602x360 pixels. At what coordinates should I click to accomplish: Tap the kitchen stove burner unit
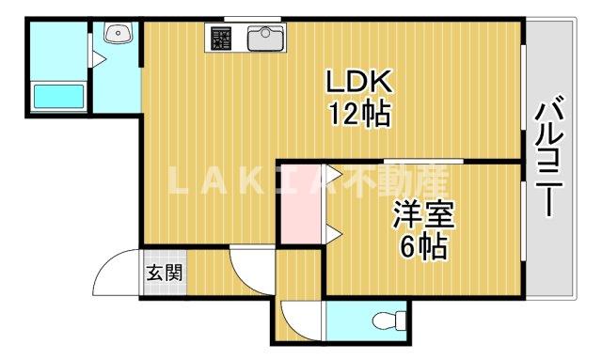point(221,39)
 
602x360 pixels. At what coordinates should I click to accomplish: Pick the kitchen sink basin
point(264,39)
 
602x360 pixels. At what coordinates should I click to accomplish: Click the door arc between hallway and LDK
point(249,269)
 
